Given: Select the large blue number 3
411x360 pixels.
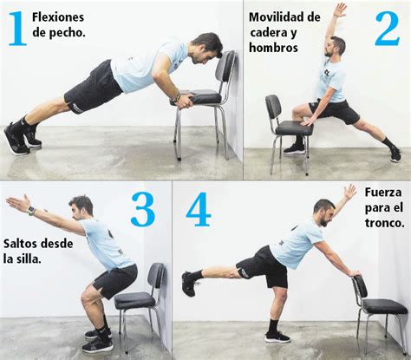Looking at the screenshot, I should click(x=143, y=210).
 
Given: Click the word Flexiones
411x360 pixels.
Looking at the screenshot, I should click(x=58, y=16).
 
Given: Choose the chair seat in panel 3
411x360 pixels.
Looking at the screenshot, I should click(x=134, y=300).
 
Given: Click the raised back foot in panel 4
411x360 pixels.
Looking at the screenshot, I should click(x=188, y=283).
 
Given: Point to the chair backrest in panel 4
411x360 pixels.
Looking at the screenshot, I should click(x=360, y=287).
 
